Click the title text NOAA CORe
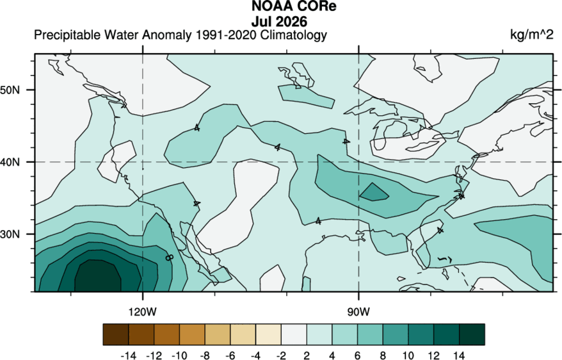click(294, 6)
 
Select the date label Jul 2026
click(279, 22)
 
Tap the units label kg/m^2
click(532, 35)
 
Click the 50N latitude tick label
click(10, 90)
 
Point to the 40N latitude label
click(10, 162)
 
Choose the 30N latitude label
click(10, 234)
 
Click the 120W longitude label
click(143, 312)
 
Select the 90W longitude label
click(358, 312)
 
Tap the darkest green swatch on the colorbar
click(472, 334)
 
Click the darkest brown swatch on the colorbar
click(116, 334)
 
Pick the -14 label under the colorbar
click(129, 356)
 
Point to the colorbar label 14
click(459, 356)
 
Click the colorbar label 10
click(408, 356)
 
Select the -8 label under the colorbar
click(205, 356)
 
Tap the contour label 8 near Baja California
click(169, 258)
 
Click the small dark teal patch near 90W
click(374, 193)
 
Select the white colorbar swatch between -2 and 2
click(294, 334)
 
